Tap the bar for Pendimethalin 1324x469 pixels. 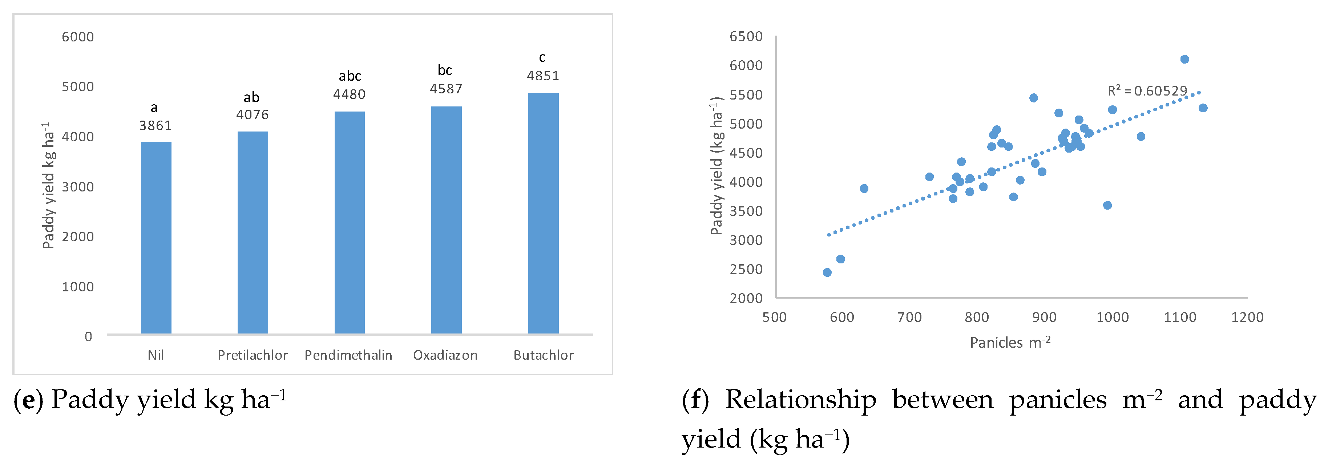tap(350, 222)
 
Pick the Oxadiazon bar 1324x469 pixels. tap(446, 220)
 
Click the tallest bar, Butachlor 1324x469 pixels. tap(543, 213)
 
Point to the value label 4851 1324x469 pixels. tap(543, 76)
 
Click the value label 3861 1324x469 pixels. tap(155, 126)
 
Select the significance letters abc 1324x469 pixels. tap(350, 76)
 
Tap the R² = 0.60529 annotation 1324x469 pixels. tap(1147, 91)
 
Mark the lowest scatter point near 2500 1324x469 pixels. tap(827, 272)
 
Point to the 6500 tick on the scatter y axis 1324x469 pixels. tap(746, 36)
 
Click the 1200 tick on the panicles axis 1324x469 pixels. tap(1247, 317)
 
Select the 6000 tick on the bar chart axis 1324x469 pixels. tap(78, 37)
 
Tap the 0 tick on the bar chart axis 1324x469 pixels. tap(88, 336)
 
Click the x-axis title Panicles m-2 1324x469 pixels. tap(1010, 342)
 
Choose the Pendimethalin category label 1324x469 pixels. tap(348, 355)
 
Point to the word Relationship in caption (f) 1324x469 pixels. tap(800, 400)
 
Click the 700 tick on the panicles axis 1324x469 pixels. tap(909, 317)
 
